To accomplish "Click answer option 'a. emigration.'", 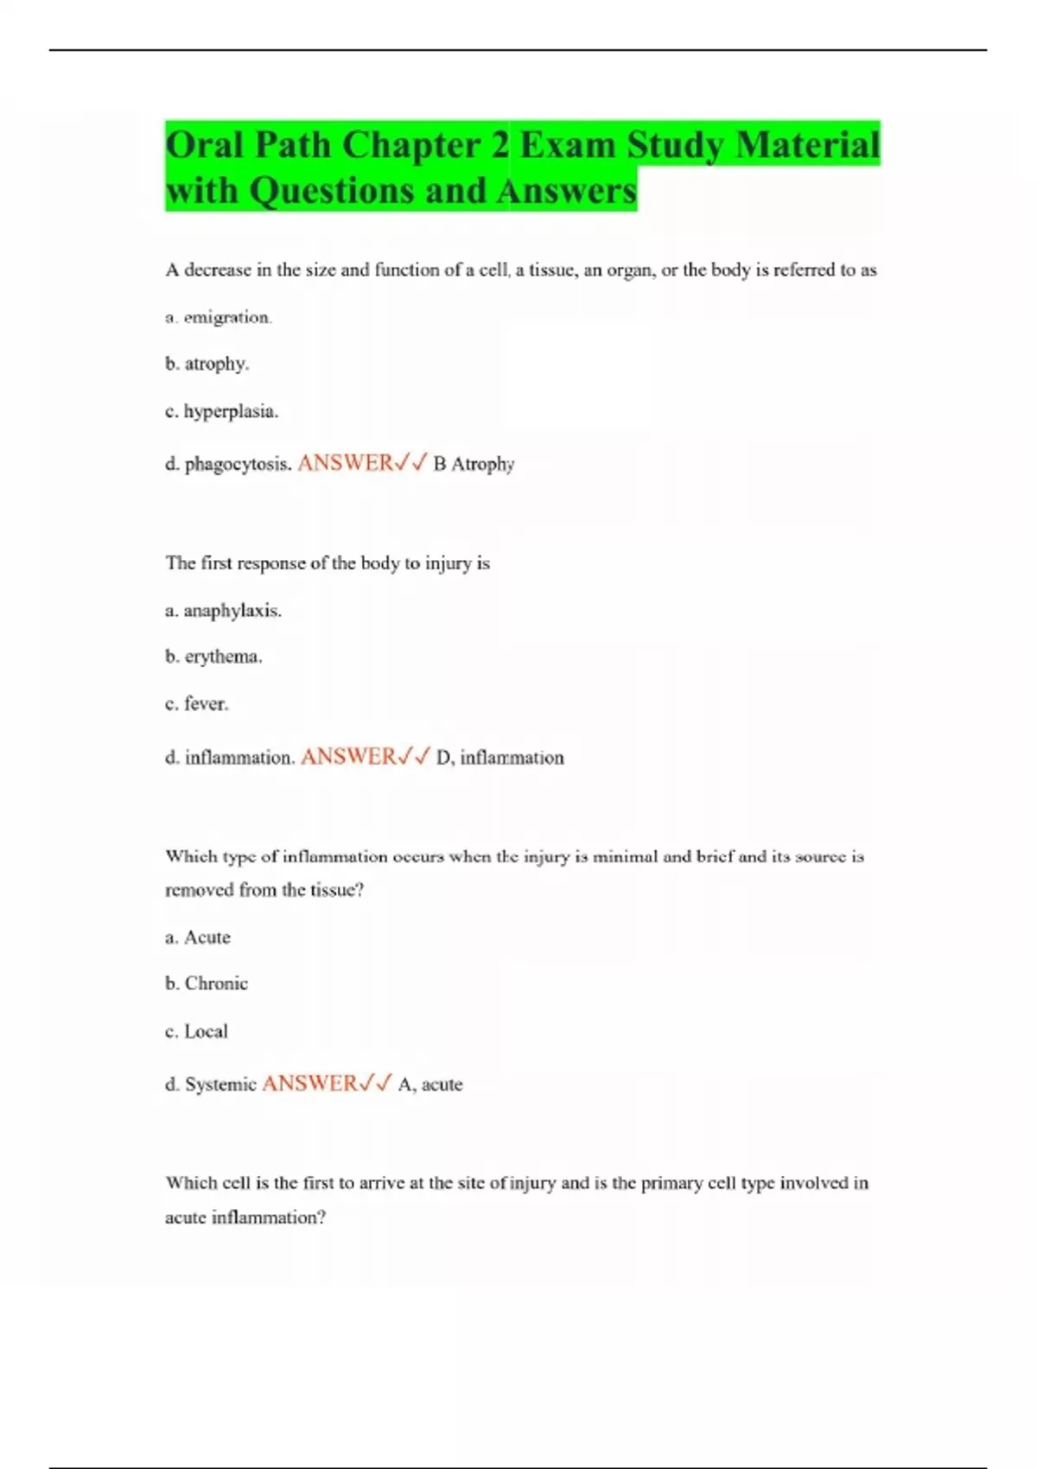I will pos(219,317).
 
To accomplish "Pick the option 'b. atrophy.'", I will pos(207,364).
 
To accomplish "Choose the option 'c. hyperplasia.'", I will pos(221,411).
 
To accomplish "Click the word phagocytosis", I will pos(238,464).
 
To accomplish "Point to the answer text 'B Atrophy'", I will pos(474,464).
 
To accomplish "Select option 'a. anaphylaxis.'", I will pos(223,611).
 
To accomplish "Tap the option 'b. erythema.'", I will pos(213,657).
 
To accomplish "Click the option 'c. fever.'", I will pos(197,704).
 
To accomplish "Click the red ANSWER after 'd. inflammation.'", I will pos(348,757).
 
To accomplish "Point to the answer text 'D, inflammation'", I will pos(499,758).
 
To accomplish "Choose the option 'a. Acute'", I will pos(198,938).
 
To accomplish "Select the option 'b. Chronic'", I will pos(207,983).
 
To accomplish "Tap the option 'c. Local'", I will pos(197,1031).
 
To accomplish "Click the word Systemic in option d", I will pos(220,1084).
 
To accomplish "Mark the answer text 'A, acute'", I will pos(430,1084).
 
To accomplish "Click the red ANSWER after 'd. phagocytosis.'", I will pos(345,463).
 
